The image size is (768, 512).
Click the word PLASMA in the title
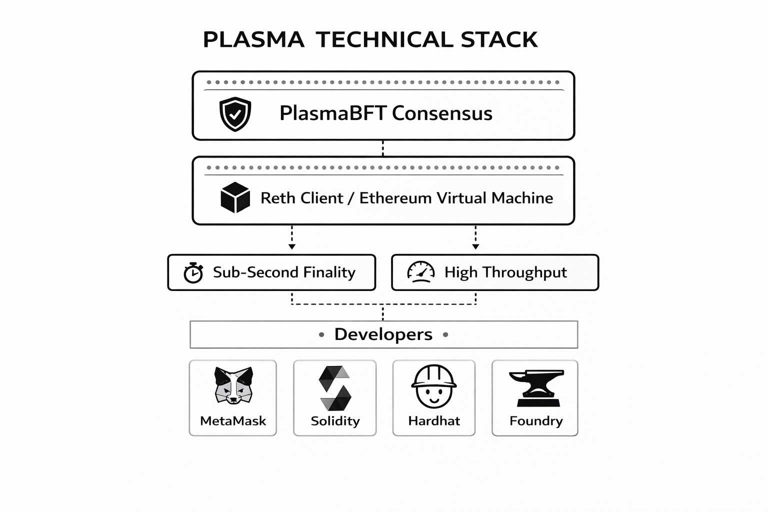pyautogui.click(x=253, y=40)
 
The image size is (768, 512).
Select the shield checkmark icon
pyautogui.click(x=235, y=114)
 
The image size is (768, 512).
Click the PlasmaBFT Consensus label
pyautogui.click(x=386, y=113)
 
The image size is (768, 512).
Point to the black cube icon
pyautogui.click(x=235, y=197)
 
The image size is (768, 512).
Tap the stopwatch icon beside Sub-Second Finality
pyautogui.click(x=193, y=272)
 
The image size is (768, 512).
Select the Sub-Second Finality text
pyautogui.click(x=284, y=272)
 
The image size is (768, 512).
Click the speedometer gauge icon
pyautogui.click(x=421, y=272)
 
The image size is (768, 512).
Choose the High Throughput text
pyautogui.click(x=505, y=273)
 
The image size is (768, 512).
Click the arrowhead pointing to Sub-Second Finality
pyautogui.click(x=292, y=247)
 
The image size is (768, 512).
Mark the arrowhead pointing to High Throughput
pyautogui.click(x=475, y=247)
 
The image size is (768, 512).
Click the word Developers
pyautogui.click(x=383, y=334)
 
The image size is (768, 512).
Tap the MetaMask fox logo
pyautogui.click(x=233, y=385)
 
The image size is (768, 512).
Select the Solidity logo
pyautogui.click(x=335, y=388)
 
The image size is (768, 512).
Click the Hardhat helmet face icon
pyautogui.click(x=433, y=386)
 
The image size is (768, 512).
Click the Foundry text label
pyautogui.click(x=536, y=421)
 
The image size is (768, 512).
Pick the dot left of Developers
pyautogui.click(x=321, y=334)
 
